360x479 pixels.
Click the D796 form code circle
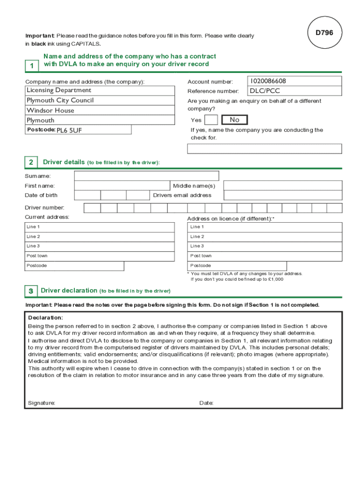324,33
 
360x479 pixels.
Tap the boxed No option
234,120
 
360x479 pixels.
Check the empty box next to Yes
211,120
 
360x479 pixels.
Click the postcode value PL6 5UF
69,131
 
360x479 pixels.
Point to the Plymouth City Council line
60,101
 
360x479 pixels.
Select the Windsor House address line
50,110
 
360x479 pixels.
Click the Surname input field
146,176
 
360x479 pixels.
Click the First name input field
122,186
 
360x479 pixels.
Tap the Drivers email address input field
282,196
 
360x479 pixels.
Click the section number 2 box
31,162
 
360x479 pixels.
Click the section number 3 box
30,291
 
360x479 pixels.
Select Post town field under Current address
100,256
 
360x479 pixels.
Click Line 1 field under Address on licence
265,227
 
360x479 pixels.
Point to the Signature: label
42,403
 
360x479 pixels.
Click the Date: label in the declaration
206,403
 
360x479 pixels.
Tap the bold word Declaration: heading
45,318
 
